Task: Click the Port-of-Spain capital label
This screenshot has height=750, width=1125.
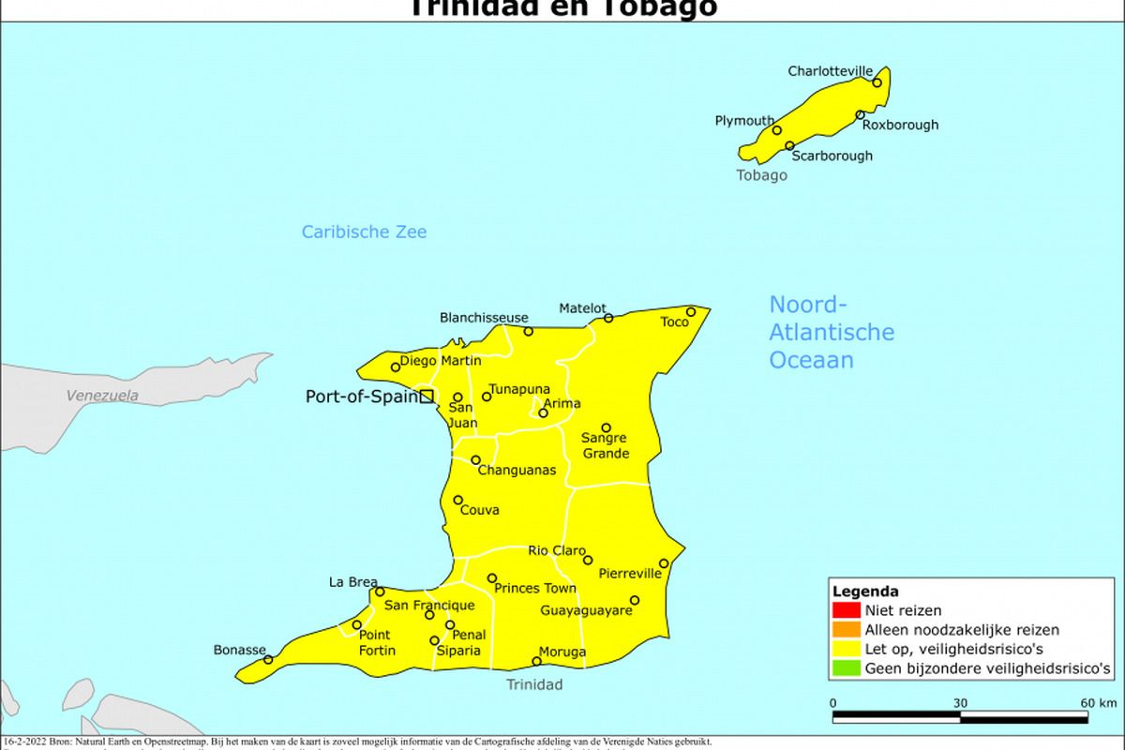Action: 361,397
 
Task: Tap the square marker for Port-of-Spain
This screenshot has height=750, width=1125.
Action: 427,397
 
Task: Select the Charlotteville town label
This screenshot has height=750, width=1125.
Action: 830,71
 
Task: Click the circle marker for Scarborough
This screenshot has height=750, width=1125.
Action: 790,146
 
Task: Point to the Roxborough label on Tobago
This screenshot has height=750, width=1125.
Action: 900,125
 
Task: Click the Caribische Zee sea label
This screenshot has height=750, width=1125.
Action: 364,232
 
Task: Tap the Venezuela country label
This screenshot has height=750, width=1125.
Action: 102,396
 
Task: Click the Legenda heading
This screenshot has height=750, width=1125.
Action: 865,592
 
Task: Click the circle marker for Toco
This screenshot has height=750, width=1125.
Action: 691,312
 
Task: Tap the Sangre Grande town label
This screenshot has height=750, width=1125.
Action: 606,445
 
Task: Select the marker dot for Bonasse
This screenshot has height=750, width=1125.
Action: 268,659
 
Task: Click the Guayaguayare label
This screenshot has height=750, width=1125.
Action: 586,610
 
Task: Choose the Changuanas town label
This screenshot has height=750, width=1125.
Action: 517,470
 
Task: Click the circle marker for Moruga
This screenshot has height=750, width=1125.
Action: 537,661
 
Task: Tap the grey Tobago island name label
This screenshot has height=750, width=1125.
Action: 761,175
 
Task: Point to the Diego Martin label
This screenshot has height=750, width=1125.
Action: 441,361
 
